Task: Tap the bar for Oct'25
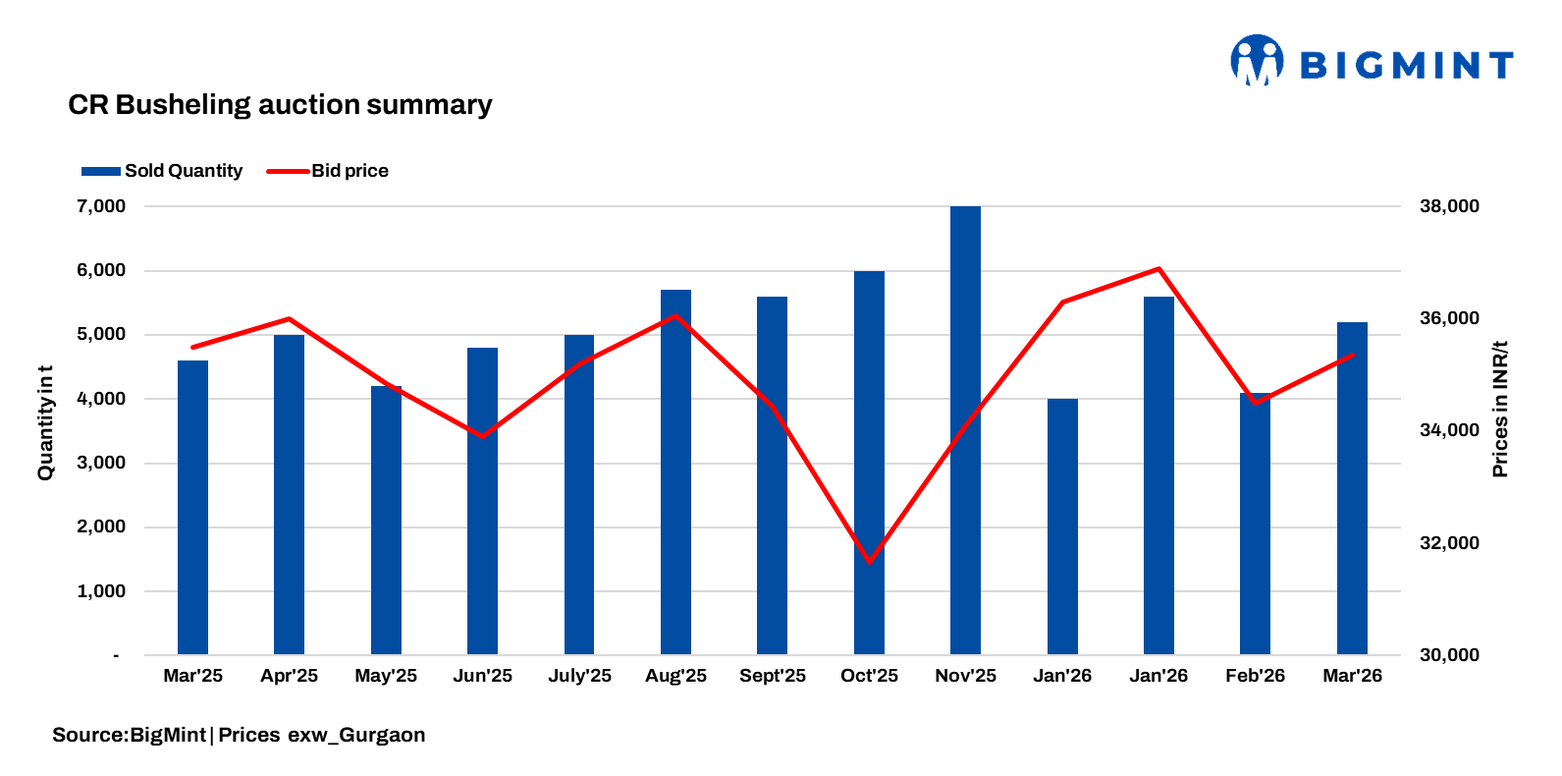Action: pos(869,462)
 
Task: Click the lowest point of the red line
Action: pos(869,562)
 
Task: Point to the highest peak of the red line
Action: pos(1158,268)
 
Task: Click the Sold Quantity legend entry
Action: pos(162,171)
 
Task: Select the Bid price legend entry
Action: pos(328,171)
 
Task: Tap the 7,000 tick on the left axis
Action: pos(101,206)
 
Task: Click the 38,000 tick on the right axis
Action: pos(1449,206)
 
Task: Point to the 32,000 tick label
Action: pos(1449,543)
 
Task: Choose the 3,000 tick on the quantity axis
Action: pos(101,463)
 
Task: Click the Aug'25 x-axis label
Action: pos(675,676)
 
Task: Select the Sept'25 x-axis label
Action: pos(772,676)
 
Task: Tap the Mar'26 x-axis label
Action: pos(1352,676)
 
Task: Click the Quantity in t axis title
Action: pos(45,423)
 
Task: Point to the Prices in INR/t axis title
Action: pos(1499,410)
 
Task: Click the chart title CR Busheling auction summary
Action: pos(280,105)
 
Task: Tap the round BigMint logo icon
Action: pos(1257,61)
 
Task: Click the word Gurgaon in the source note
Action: pos(382,735)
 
